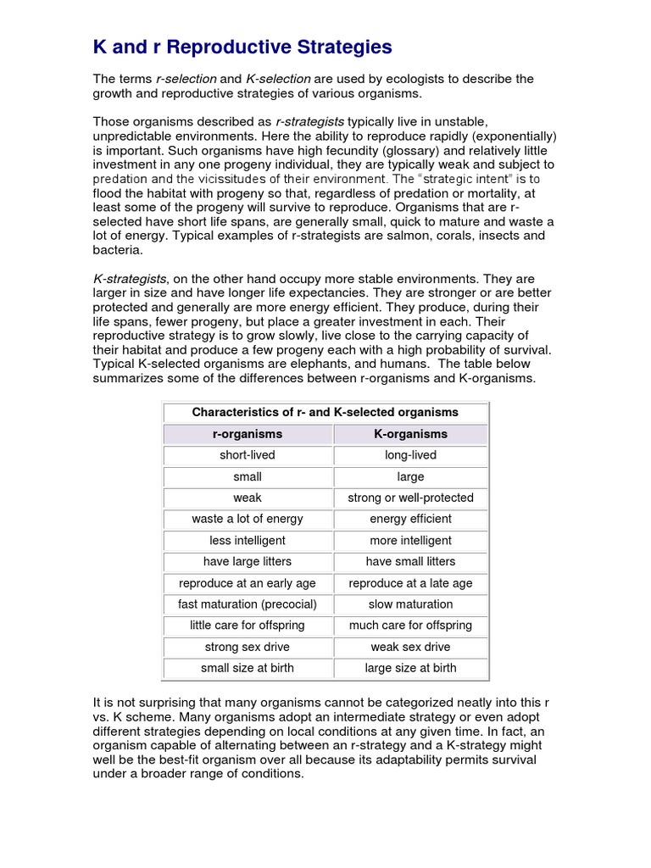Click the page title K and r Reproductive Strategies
point(242,46)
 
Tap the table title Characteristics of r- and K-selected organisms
point(325,413)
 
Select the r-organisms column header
point(247,434)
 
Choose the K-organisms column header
point(410,434)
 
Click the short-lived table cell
point(247,455)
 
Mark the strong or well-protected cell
point(410,498)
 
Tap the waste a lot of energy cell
point(247,519)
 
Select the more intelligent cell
point(410,541)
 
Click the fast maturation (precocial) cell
point(247,604)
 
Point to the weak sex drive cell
point(410,647)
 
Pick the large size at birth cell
point(410,668)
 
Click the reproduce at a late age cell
point(410,583)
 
